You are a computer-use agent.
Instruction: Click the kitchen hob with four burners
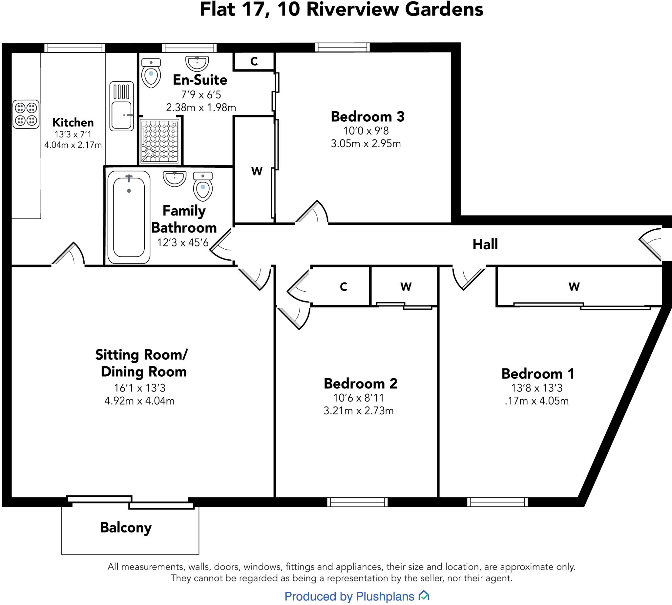[26, 114]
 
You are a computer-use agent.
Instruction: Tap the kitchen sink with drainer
[122, 106]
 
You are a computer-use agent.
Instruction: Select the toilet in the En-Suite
[151, 73]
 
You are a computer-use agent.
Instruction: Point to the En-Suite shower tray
[160, 141]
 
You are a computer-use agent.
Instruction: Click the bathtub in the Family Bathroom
[129, 217]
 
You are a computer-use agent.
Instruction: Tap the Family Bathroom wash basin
[175, 178]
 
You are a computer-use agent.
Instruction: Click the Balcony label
[126, 528]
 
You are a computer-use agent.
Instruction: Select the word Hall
[485, 245]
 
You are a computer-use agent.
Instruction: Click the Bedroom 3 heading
[367, 117]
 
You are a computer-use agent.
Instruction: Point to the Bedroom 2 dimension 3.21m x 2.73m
[358, 411]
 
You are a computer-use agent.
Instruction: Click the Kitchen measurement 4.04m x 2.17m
[73, 145]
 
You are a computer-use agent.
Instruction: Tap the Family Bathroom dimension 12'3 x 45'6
[183, 243]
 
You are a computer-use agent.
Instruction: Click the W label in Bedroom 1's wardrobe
[574, 286]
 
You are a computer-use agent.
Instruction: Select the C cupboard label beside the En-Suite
[254, 61]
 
